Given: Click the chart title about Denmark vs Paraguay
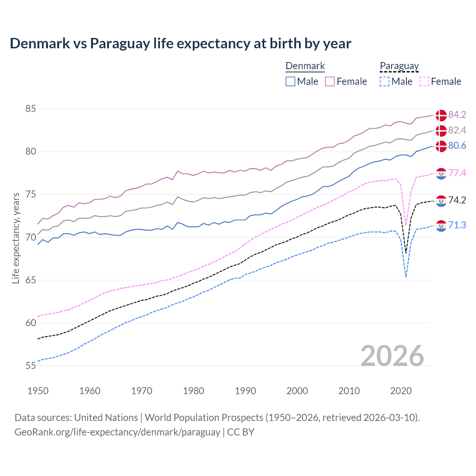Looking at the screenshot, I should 180,44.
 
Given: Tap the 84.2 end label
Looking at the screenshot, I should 457,115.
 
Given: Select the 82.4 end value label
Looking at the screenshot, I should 457,130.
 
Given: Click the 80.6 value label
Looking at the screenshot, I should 457,145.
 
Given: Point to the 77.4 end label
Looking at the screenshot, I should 457,173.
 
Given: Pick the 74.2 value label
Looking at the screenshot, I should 457,200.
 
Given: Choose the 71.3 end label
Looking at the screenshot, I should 457,225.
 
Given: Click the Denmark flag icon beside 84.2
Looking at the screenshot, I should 441,115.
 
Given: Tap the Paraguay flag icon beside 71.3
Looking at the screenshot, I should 441,225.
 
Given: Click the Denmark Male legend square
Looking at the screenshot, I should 290,81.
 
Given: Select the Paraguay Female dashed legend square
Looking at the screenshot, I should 424,81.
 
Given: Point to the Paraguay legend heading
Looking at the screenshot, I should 399,66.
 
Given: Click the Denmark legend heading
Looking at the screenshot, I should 305,66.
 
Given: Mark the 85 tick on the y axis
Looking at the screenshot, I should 31,109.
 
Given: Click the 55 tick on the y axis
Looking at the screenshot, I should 31,366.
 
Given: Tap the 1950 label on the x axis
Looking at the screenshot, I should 38,391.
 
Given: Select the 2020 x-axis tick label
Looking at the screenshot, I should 401,391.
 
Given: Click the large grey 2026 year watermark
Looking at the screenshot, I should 392,356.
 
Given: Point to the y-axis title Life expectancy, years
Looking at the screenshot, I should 16,238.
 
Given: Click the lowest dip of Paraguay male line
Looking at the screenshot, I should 406,277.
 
